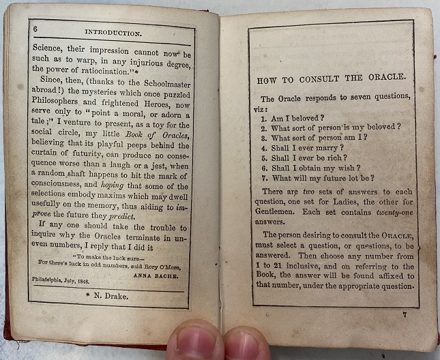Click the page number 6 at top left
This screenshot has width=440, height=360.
tap(35, 28)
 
